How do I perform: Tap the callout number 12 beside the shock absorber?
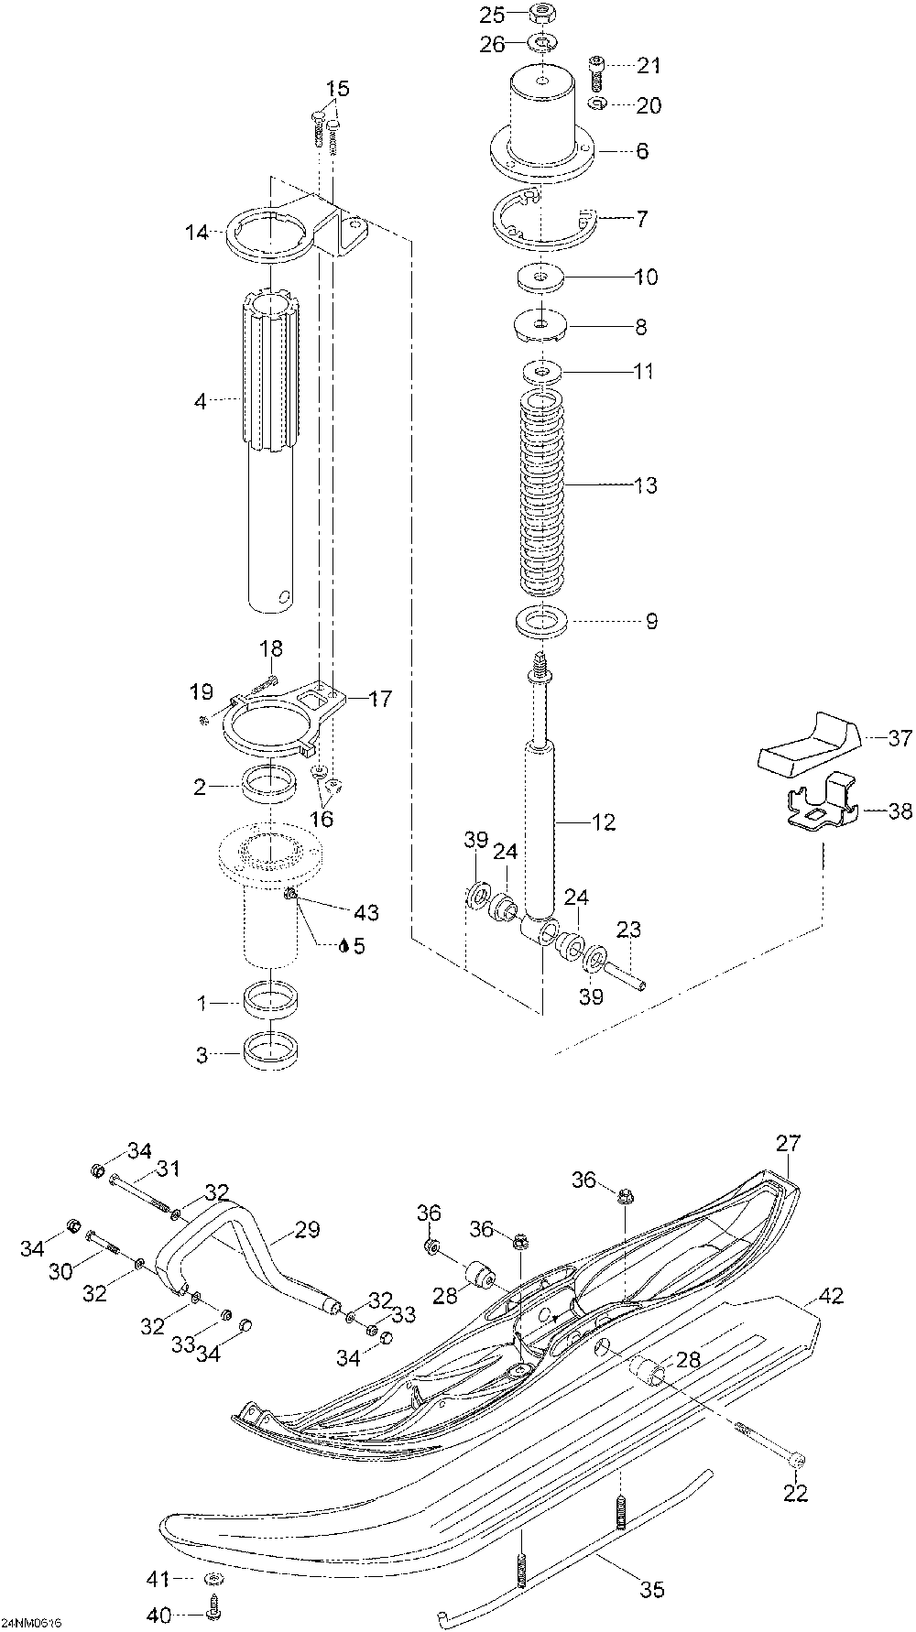605,821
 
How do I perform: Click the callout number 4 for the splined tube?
202,400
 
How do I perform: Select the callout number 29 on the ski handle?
308,1230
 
